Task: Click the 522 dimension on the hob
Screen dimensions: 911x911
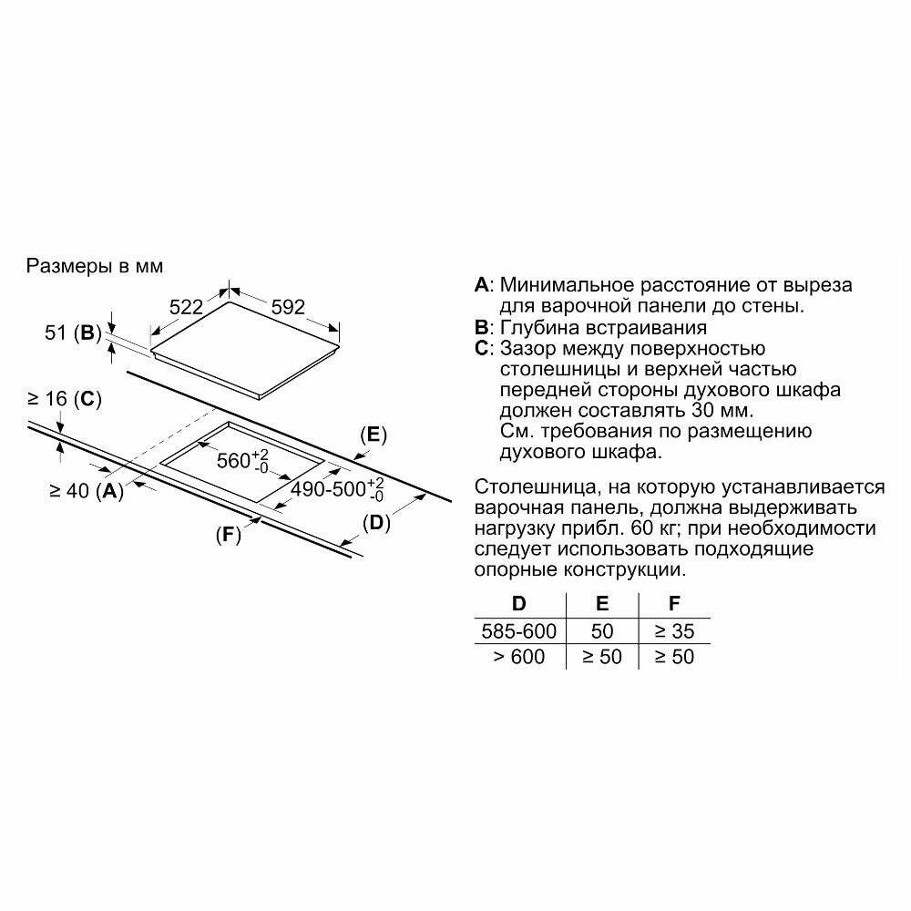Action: click(187, 307)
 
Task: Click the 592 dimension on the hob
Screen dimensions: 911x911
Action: click(288, 307)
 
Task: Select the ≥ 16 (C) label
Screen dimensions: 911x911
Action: click(64, 398)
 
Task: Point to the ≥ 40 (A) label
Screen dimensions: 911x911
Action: click(86, 491)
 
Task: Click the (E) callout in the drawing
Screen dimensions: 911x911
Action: click(374, 435)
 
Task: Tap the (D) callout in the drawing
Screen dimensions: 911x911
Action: click(376, 523)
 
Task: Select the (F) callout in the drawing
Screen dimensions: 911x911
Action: click(228, 535)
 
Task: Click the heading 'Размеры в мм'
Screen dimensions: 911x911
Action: click(95, 267)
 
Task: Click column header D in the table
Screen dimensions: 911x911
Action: click(518, 603)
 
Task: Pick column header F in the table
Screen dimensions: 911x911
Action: click(673, 603)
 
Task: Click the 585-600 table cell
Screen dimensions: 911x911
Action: click(518, 630)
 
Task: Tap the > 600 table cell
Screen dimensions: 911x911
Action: click(518, 656)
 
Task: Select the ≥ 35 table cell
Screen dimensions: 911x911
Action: click(674, 630)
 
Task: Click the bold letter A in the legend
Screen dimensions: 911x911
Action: click(482, 285)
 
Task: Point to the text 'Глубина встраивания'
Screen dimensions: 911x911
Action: click(603, 328)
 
